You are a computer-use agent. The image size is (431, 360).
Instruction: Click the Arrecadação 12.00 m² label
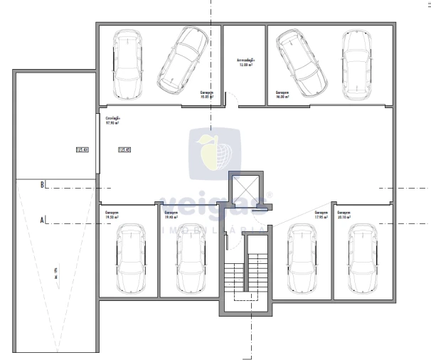pyautogui.click(x=245, y=63)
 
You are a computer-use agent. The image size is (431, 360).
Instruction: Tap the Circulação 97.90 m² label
pyautogui.click(x=112, y=120)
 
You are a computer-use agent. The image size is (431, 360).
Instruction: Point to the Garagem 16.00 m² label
pyautogui.click(x=283, y=95)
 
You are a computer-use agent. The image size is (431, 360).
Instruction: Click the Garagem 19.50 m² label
pyautogui.click(x=112, y=214)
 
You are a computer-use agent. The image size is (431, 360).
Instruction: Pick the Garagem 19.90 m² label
pyautogui.click(x=171, y=214)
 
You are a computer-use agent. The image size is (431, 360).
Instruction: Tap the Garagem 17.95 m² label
pyautogui.click(x=321, y=214)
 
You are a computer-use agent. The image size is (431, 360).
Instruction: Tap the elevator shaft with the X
pyautogui.click(x=244, y=188)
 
